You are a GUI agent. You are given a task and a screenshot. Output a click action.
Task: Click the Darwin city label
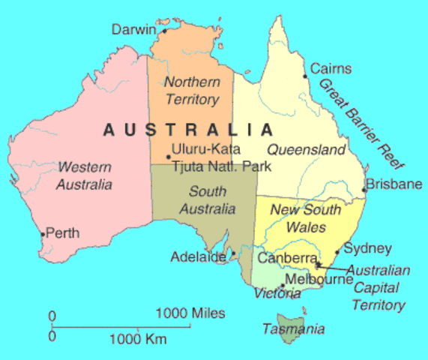click(133, 29)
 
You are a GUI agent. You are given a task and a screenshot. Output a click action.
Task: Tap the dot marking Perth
click(43, 234)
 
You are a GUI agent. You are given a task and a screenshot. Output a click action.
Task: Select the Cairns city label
click(331, 69)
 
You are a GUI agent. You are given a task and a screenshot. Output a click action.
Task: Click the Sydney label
click(367, 248)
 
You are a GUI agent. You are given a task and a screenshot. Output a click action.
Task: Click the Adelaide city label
click(198, 256)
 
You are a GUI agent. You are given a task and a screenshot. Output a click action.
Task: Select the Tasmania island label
click(293, 328)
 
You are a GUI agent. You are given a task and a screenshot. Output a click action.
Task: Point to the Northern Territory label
click(192, 90)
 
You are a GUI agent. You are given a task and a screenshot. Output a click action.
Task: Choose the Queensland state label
click(306, 149)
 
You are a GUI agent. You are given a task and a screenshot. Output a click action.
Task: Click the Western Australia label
click(85, 175)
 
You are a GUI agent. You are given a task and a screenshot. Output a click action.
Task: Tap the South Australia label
click(208, 199)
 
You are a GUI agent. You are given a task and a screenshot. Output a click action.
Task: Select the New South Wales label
click(305, 217)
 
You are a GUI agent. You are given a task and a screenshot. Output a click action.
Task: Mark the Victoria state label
click(277, 293)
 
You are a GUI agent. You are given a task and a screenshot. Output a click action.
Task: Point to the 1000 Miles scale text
click(190, 313)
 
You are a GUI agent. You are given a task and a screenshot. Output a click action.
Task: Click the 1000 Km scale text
click(138, 338)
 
